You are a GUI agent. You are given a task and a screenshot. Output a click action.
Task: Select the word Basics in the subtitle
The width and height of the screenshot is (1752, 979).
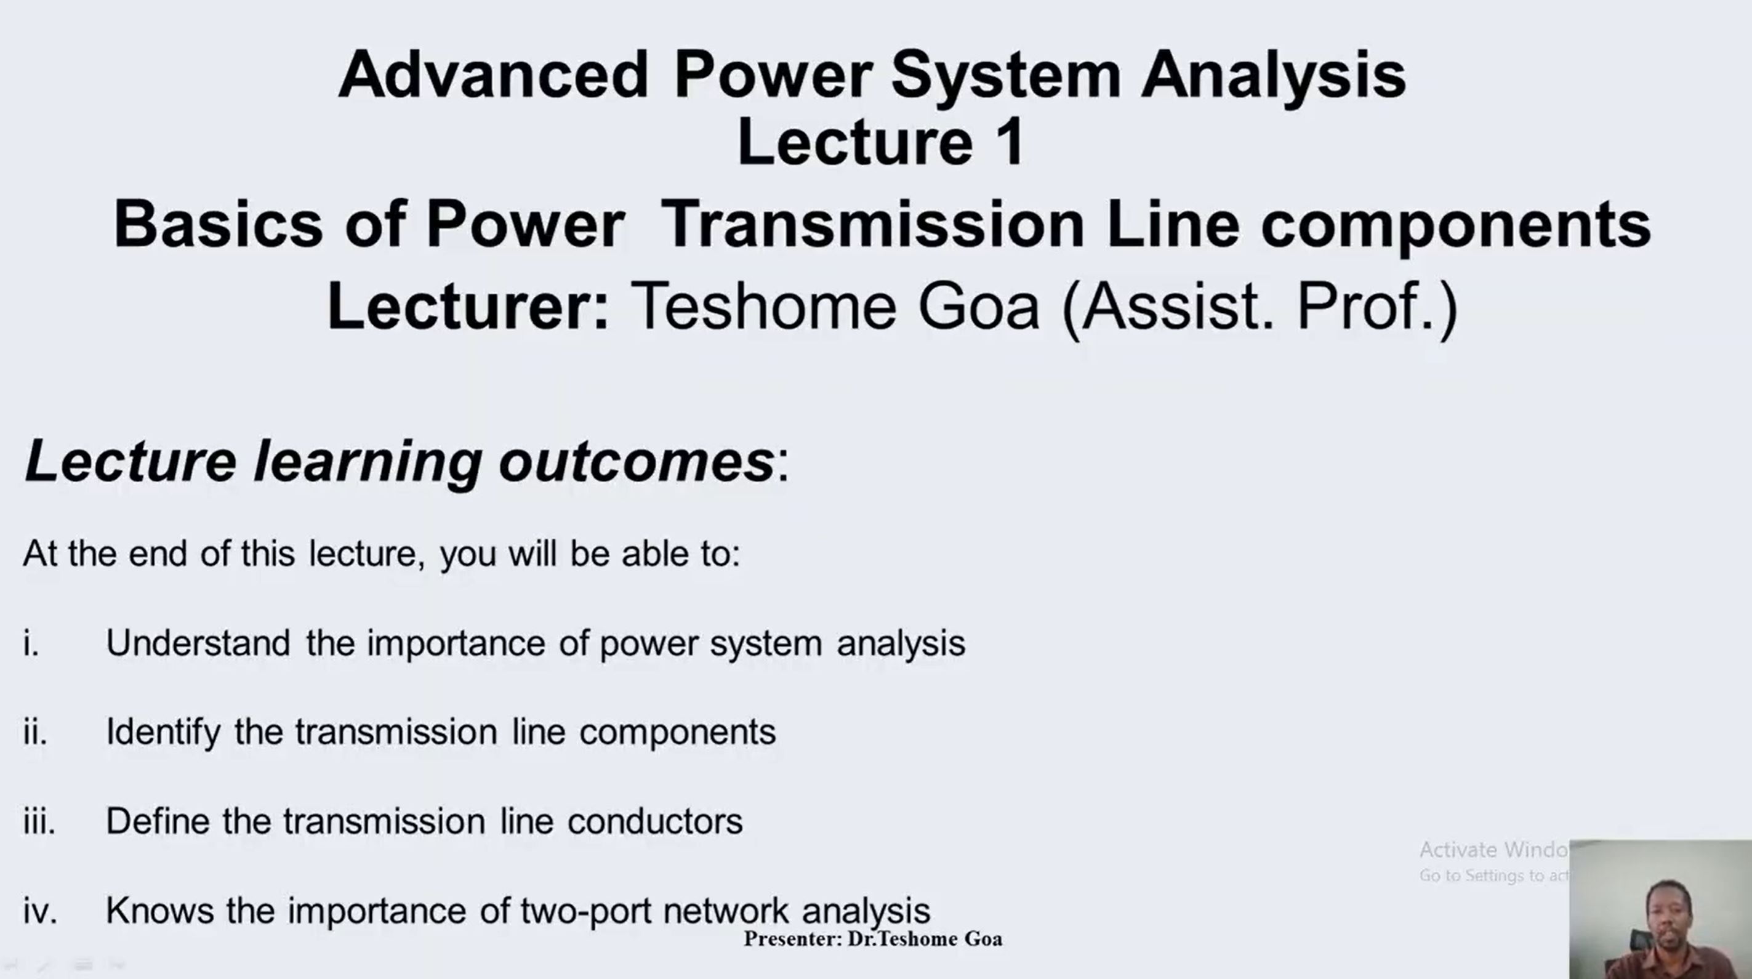pyautogui.click(x=218, y=224)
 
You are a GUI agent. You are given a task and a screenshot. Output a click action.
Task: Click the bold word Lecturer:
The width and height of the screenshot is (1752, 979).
pyautogui.click(x=468, y=306)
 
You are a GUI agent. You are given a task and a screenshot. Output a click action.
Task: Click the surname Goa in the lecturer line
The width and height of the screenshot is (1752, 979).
pyautogui.click(x=979, y=306)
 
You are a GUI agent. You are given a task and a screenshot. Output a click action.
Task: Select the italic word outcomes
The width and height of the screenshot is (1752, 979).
pyautogui.click(x=637, y=462)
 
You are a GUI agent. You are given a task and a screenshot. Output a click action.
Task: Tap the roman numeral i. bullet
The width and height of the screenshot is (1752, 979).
pyautogui.click(x=31, y=642)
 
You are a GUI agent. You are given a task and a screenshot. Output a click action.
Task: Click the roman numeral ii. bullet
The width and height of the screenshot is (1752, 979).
pyautogui.click(x=34, y=731)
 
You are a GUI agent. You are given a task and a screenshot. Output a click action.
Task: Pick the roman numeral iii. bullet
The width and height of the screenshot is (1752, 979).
pyautogui.click(x=39, y=821)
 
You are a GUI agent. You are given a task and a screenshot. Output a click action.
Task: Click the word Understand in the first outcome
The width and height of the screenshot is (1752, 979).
pyautogui.click(x=199, y=642)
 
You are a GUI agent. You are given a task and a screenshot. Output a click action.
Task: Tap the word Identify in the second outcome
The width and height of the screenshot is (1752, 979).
pyautogui.click(x=163, y=733)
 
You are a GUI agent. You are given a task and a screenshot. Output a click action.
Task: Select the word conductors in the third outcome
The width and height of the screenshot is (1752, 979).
pyautogui.click(x=655, y=821)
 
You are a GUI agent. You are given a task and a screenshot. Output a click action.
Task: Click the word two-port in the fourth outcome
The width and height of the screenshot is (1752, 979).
pyautogui.click(x=586, y=912)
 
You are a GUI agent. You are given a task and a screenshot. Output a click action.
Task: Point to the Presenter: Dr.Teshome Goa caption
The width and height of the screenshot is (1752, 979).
pyautogui.click(x=872, y=939)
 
